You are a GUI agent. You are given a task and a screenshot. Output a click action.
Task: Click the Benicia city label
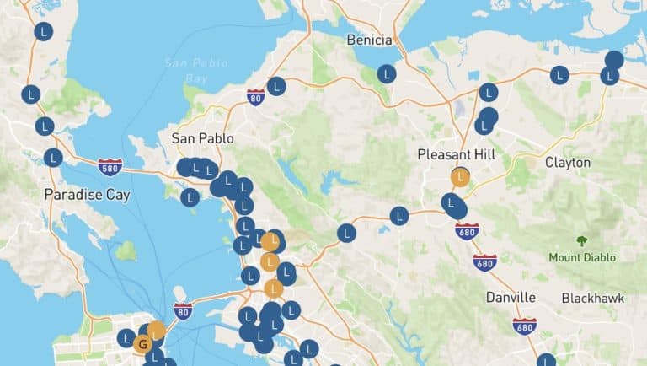click(369, 40)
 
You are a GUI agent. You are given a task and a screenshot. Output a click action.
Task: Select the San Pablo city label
click(202, 137)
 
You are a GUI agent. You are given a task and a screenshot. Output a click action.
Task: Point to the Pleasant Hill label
click(456, 154)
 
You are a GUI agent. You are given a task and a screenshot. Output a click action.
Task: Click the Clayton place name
click(568, 162)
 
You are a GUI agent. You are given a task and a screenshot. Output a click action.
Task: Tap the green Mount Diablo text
click(581, 257)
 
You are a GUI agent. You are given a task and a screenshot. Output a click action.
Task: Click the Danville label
click(511, 297)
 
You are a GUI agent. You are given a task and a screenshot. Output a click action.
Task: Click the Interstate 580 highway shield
click(110, 166)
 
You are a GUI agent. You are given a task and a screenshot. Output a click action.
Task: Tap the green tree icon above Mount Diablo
click(581, 241)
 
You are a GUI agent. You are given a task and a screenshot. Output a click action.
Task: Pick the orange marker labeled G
click(142, 344)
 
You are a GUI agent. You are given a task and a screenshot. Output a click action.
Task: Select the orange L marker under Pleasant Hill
click(460, 178)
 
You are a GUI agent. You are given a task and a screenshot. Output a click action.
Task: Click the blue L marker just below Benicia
click(387, 73)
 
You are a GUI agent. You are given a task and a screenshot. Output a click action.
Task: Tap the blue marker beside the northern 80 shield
click(276, 86)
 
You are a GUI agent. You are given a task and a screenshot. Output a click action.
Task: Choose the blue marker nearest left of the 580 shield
click(53, 158)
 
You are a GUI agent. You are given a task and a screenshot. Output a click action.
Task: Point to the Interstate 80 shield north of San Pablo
click(256, 97)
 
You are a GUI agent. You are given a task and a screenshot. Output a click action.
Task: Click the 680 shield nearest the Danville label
click(524, 326)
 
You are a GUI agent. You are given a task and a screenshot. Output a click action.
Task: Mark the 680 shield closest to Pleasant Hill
click(467, 230)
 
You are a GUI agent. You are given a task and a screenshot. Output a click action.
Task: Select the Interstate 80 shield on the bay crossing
click(183, 310)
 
